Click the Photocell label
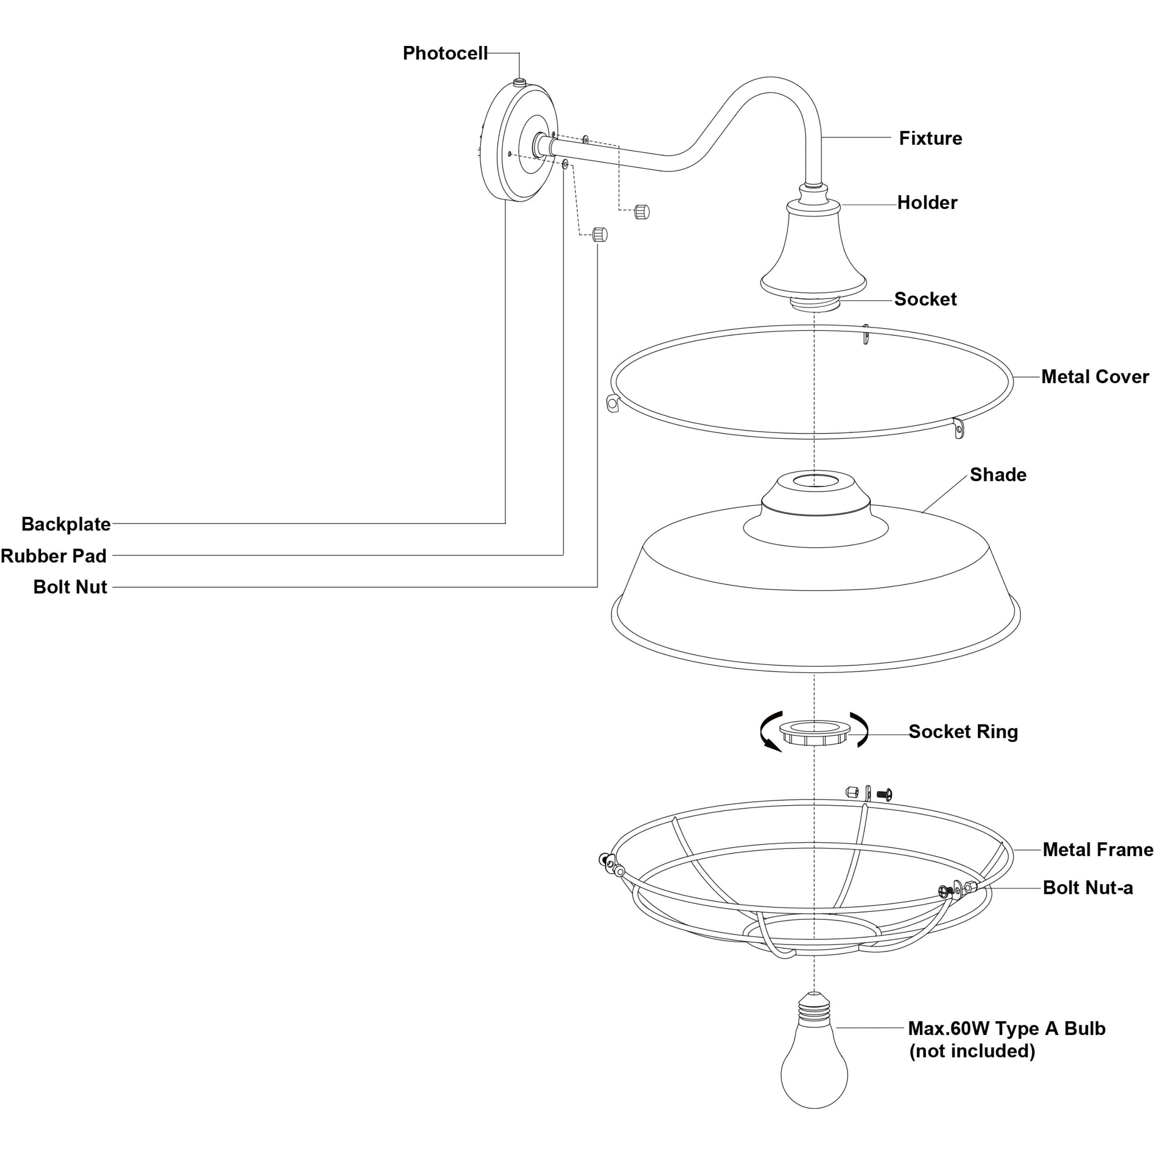(x=445, y=53)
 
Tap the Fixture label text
(x=930, y=138)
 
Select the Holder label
(x=926, y=203)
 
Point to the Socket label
(x=925, y=299)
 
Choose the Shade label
(x=998, y=475)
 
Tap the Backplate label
(x=66, y=524)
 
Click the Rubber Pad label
(x=54, y=556)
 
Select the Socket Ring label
(x=963, y=732)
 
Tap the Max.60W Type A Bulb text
(x=1006, y=1028)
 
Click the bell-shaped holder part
(x=813, y=251)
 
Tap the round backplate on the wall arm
(x=519, y=144)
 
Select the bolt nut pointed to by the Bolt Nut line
(x=599, y=234)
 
